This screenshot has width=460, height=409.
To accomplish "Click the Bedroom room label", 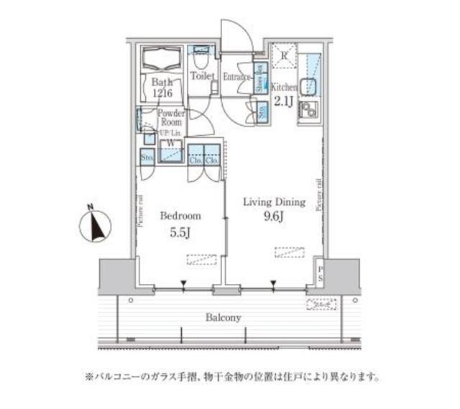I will [180, 216].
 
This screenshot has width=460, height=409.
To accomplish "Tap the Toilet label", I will [203, 75].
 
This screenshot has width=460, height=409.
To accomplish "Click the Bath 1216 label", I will [162, 87].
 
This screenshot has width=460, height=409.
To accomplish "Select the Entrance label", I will [236, 75].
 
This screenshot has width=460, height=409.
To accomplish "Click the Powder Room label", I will [171, 119].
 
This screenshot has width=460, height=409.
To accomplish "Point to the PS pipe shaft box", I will [320, 274].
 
